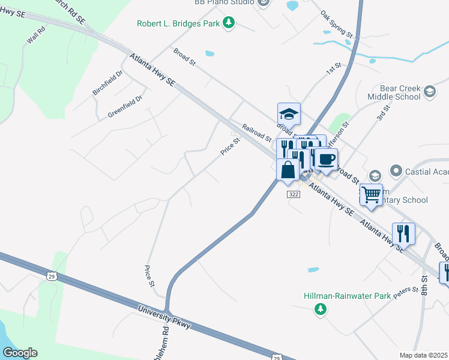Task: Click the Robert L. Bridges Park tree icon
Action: [x=228, y=23]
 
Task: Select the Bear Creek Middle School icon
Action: [x=429, y=91]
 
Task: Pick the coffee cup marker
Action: [x=326, y=159]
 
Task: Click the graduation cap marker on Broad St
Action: [x=289, y=113]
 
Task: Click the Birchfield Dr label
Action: [x=107, y=83]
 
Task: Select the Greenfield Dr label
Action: [x=125, y=107]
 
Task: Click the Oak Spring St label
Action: [x=336, y=25]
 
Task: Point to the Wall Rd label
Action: [x=36, y=37]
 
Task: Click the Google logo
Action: [x=19, y=353]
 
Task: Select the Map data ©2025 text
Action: [x=423, y=355]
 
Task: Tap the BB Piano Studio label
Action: [x=224, y=2]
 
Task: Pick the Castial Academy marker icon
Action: [x=396, y=172]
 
